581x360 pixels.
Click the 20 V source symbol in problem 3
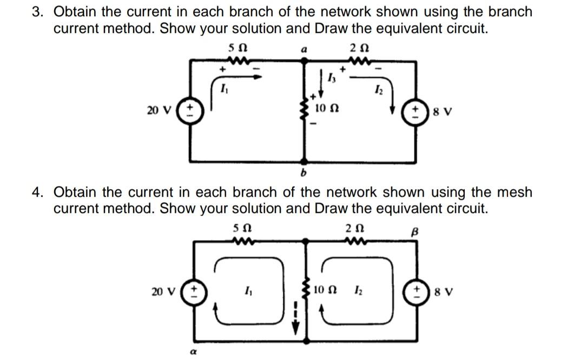tap(190, 110)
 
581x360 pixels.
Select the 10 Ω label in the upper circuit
tap(326, 109)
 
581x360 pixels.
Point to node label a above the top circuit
tap(304, 49)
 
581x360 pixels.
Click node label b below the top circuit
tap(303, 172)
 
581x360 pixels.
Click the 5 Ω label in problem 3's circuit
tap(237, 48)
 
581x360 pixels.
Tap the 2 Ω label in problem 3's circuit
tap(359, 48)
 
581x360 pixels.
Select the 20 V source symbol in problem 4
tap(194, 292)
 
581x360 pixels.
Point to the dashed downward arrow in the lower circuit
tap(296, 317)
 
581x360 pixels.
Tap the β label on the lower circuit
tap(415, 232)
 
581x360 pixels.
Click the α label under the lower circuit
tap(193, 352)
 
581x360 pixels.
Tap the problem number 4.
tap(37, 192)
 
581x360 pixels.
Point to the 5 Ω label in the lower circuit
tap(243, 228)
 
